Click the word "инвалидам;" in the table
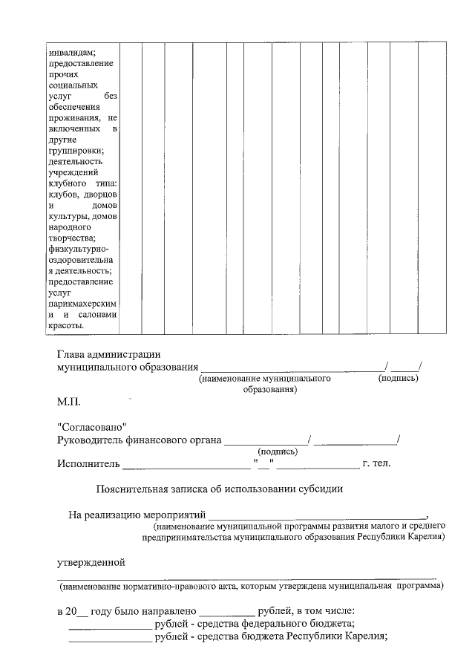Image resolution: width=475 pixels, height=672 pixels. [72, 52]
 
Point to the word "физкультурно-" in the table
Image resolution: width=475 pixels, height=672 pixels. [77, 249]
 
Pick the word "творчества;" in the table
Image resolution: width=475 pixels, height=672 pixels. [71, 238]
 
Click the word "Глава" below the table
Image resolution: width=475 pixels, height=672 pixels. [72, 354]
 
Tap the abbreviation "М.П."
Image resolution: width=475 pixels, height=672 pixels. [69, 403]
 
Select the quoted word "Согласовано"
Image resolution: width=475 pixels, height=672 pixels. [92, 428]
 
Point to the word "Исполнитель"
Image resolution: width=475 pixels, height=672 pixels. [88, 465]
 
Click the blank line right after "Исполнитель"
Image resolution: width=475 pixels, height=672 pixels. [186, 466]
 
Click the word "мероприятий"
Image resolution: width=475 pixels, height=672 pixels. [171, 514]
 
